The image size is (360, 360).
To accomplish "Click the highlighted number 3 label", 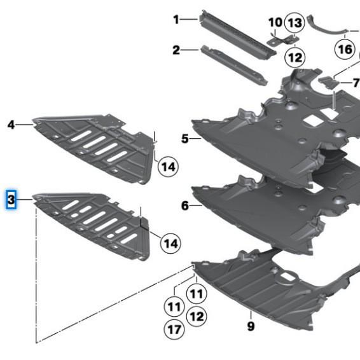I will pos(11,201).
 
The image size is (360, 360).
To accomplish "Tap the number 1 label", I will pos(176,20).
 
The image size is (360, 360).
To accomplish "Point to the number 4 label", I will pos(11,125).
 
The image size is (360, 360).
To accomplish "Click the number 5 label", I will pos(184,138).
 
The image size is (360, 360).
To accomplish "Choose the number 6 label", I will pos(184,205).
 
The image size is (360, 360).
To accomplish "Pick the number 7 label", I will pos(356,83).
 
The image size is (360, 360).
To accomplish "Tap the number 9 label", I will pos(251,326).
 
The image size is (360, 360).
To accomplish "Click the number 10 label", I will pos(275,22).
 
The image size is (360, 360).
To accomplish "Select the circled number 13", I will pos(294,24).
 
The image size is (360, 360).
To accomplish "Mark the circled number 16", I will pos(345,48).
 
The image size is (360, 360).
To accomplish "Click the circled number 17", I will pos(173,329).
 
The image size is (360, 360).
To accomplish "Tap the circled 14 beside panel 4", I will pos(167,167).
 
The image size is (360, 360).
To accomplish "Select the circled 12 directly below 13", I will pos(294,57).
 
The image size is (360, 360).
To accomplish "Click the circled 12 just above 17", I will pos(197,315).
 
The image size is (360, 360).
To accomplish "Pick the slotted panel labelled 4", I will pos(95,146).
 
